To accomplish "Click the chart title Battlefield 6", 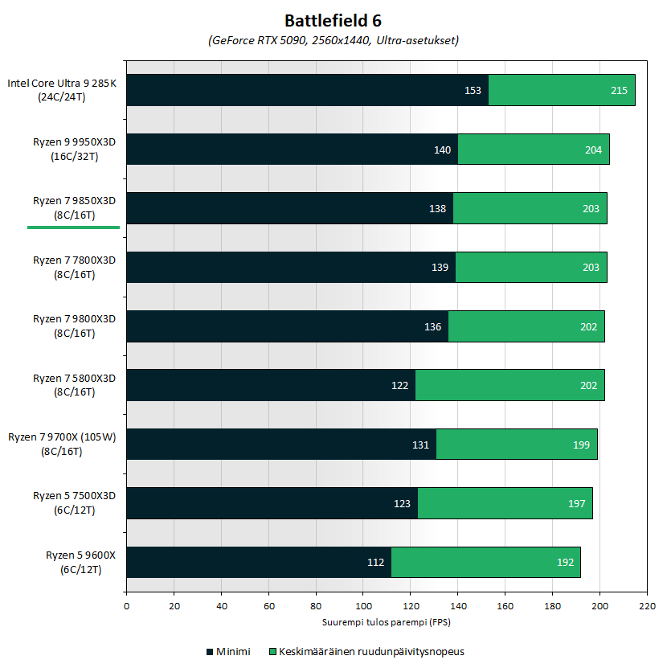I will (x=333, y=20).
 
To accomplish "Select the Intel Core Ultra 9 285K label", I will (x=62, y=89).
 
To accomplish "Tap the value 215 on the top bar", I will (x=619, y=91).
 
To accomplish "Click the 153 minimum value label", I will (x=473, y=91).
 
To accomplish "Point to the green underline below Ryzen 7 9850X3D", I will (x=73, y=227).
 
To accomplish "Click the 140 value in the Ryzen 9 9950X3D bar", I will (x=442, y=150).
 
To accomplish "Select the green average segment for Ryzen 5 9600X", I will (x=485, y=562).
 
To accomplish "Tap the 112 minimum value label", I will (x=375, y=562).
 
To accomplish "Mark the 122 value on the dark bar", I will (x=399, y=385).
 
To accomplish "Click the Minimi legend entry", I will (x=228, y=651).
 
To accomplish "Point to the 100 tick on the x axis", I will (x=363, y=608).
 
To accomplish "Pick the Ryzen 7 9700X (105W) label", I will (x=63, y=443).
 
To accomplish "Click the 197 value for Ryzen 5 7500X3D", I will (x=577, y=503).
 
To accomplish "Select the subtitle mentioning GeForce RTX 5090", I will (x=333, y=40).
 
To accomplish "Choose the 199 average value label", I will (x=582, y=445).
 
